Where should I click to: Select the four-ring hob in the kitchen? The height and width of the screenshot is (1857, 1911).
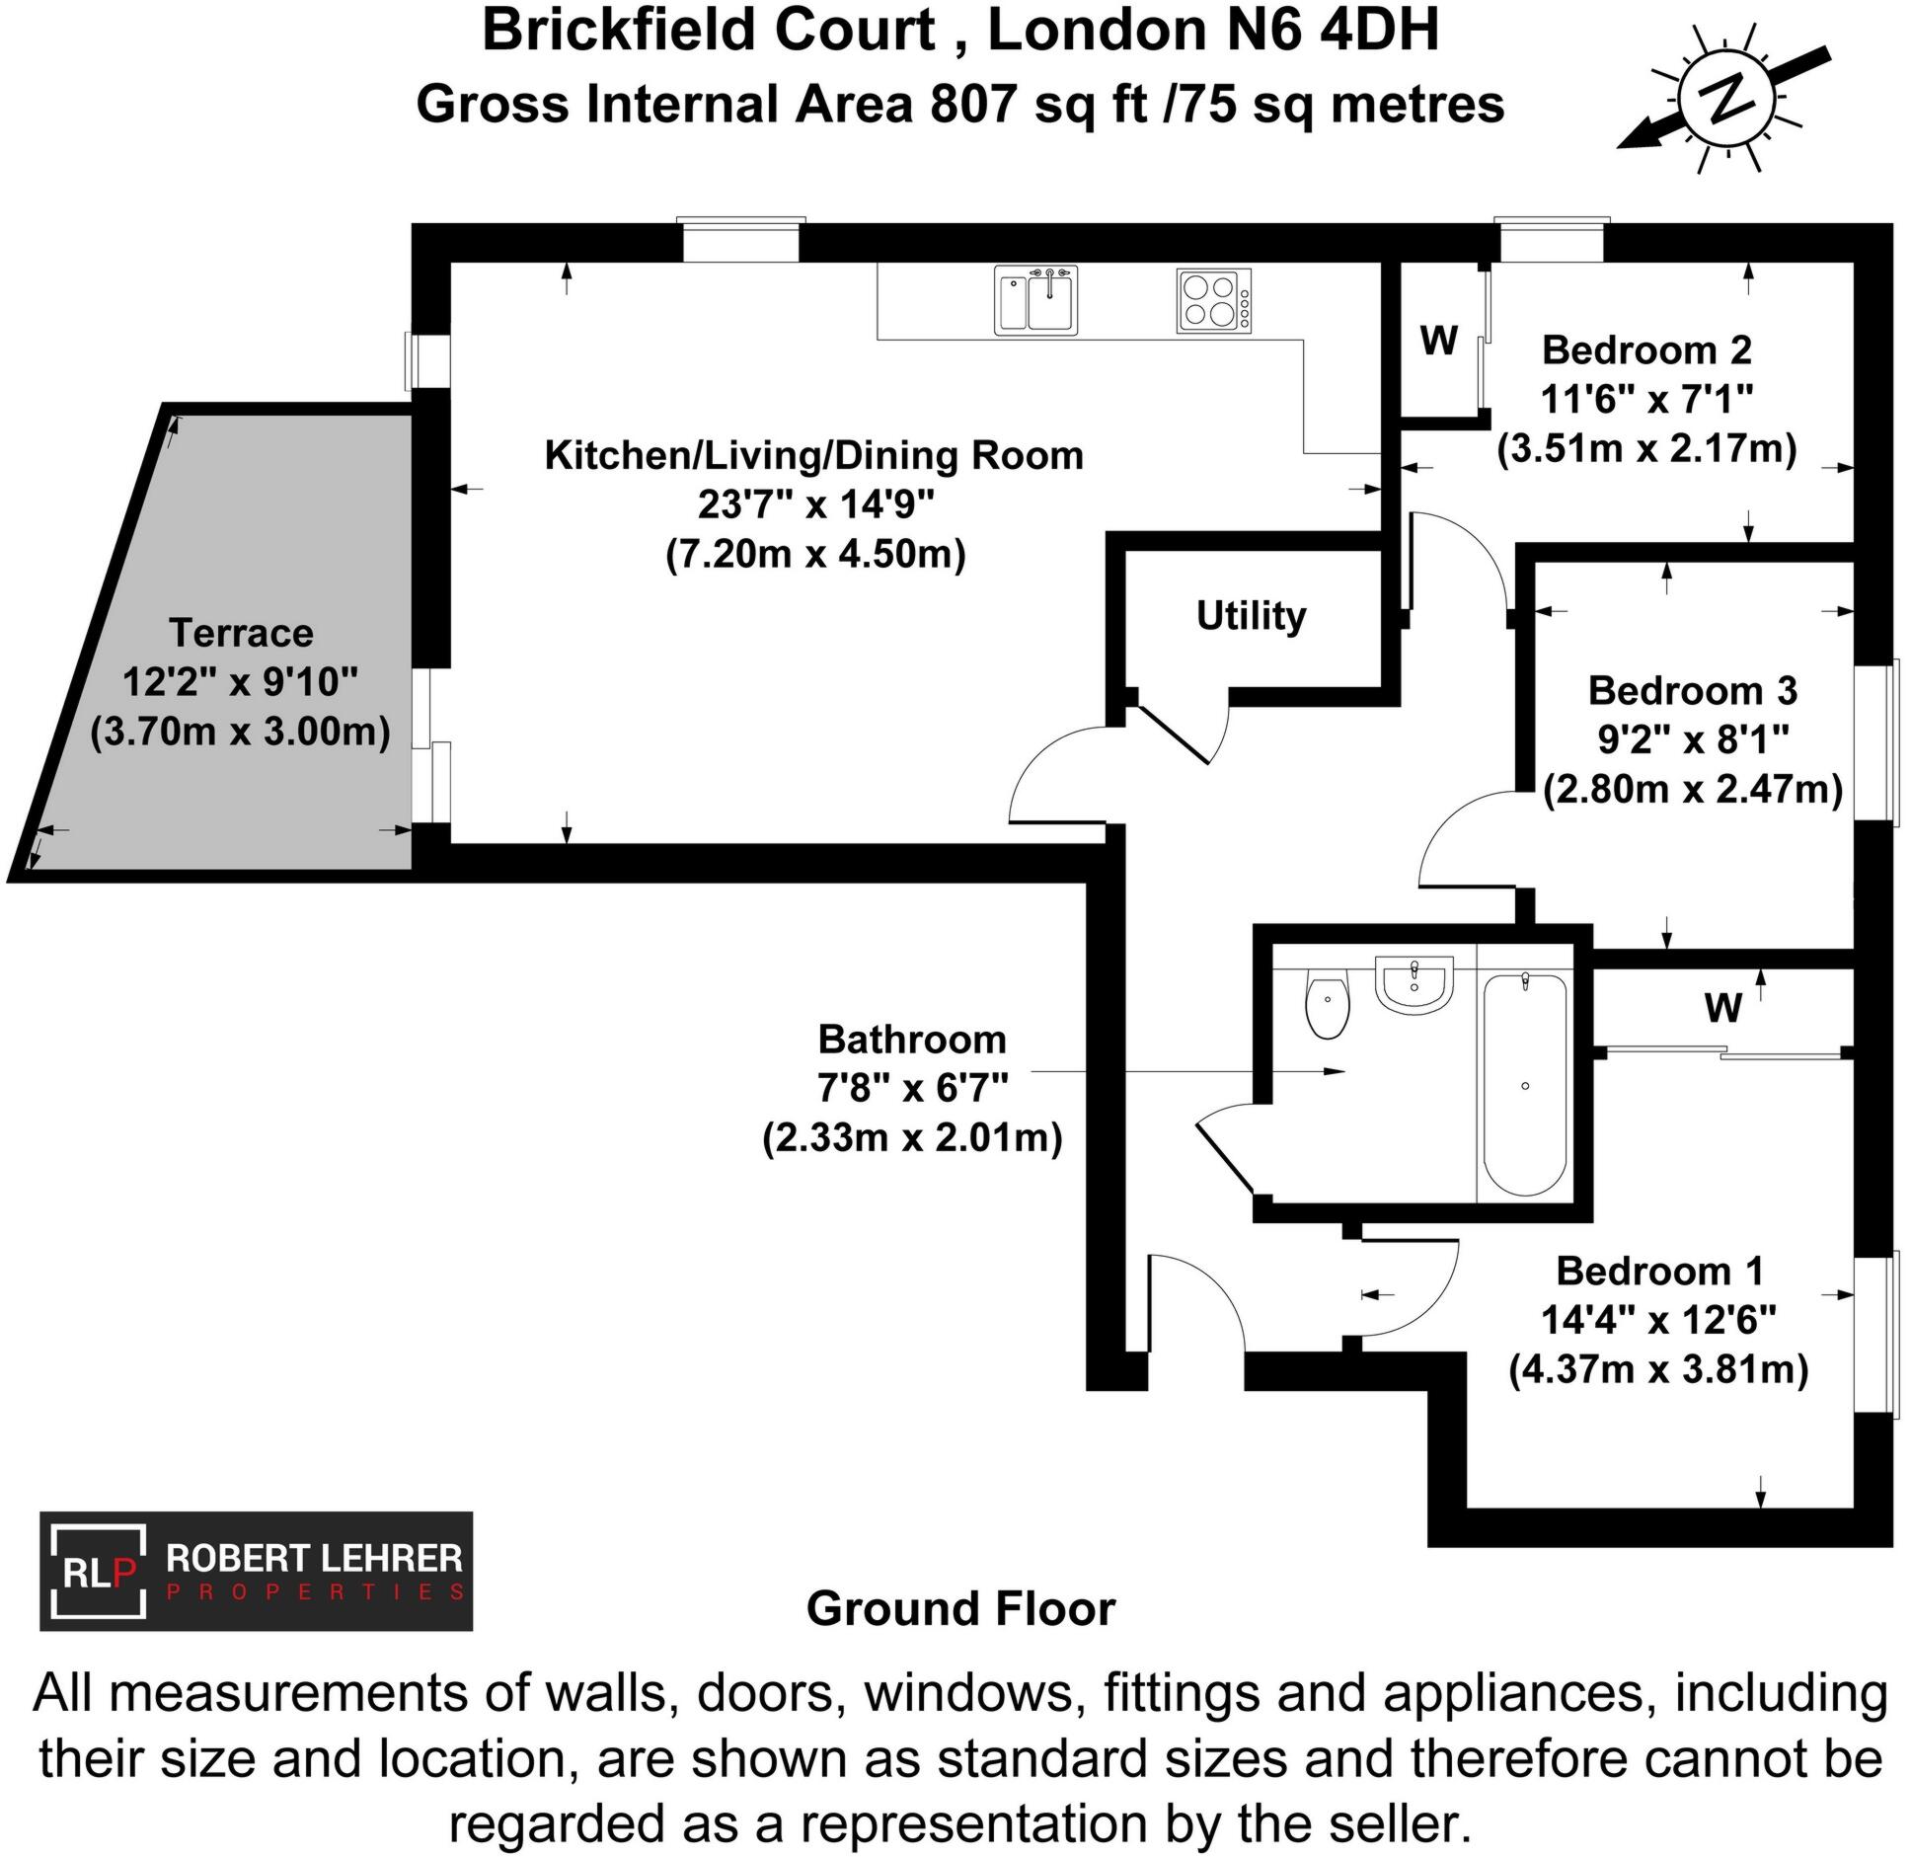1213,300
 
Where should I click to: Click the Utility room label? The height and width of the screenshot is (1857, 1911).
1251,616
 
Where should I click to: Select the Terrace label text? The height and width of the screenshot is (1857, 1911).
241,633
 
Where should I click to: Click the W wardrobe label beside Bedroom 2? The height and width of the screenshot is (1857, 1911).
1438,341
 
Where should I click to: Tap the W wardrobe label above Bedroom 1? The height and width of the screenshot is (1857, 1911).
1722,1008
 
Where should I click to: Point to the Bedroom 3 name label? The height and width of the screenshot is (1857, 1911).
1692,691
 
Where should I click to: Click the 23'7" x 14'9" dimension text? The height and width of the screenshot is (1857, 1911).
815,504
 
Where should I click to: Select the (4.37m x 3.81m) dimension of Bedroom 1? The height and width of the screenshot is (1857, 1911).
1658,1370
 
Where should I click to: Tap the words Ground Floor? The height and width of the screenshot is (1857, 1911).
960,1608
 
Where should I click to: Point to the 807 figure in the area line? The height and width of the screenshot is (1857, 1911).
973,105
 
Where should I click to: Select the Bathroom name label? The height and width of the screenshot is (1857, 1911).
912,1040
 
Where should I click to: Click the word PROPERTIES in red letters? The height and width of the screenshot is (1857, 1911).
316,1592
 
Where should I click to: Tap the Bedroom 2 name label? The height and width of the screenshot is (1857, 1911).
1646,350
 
